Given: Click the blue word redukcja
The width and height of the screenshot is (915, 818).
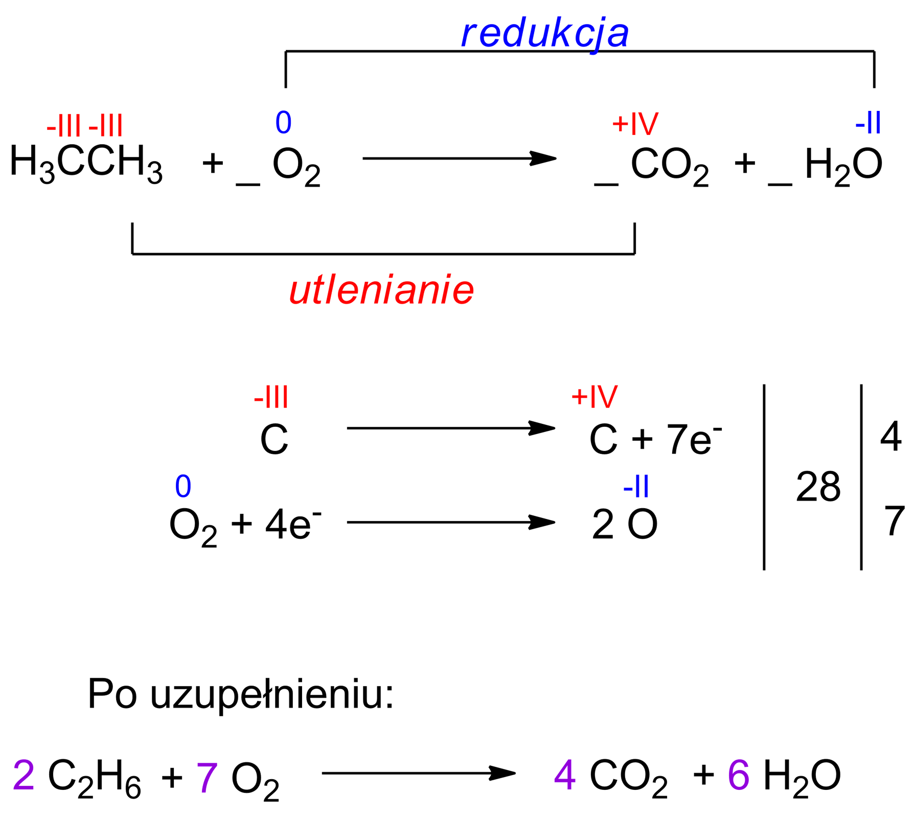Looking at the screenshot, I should point(545,35).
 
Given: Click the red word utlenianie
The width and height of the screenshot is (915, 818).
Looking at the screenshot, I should point(381,291).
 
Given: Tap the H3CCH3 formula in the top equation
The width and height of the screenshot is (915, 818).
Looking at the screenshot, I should point(86,163).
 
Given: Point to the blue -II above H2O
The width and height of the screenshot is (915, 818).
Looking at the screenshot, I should point(868,123).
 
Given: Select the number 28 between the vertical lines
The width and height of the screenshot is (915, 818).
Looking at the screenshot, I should point(818,486).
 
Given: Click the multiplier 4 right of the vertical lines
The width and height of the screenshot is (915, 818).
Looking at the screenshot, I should point(891,436).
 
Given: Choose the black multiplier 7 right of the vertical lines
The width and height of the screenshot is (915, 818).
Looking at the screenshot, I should point(895,520).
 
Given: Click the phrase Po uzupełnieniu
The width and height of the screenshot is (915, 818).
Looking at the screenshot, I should point(240,694).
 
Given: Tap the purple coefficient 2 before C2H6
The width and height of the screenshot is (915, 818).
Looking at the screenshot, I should point(24,775).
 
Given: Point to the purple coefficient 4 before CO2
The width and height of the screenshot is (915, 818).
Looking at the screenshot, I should point(565,775).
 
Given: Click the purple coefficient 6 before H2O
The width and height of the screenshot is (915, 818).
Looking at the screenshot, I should point(739,775).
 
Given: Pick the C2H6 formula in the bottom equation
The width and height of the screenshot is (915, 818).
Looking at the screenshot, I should point(95,777).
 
